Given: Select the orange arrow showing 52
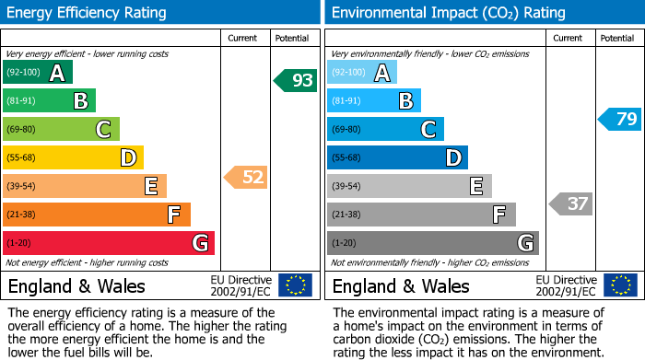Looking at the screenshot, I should click(x=247, y=177).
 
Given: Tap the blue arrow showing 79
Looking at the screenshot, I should click(x=620, y=119).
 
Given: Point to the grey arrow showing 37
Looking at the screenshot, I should click(x=571, y=203).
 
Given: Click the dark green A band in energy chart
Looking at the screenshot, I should click(x=37, y=73).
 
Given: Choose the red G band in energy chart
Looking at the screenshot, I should click(x=109, y=243).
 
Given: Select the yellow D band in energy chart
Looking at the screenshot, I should click(x=73, y=158).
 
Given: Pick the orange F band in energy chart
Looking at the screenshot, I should click(x=97, y=215).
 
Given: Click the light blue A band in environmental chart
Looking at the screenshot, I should click(x=362, y=73).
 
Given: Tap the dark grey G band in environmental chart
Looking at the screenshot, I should click(x=432, y=243).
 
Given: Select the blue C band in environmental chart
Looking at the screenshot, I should click(x=385, y=130).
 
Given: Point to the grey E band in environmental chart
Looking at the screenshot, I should click(x=409, y=186).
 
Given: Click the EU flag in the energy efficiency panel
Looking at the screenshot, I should click(x=296, y=285).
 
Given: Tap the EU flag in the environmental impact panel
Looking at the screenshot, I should click(x=620, y=285).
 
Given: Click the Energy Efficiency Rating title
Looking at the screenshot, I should click(x=88, y=13).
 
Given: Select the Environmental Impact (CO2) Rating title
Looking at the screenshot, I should click(x=448, y=13).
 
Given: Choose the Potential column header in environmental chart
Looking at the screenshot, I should click(x=617, y=38).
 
